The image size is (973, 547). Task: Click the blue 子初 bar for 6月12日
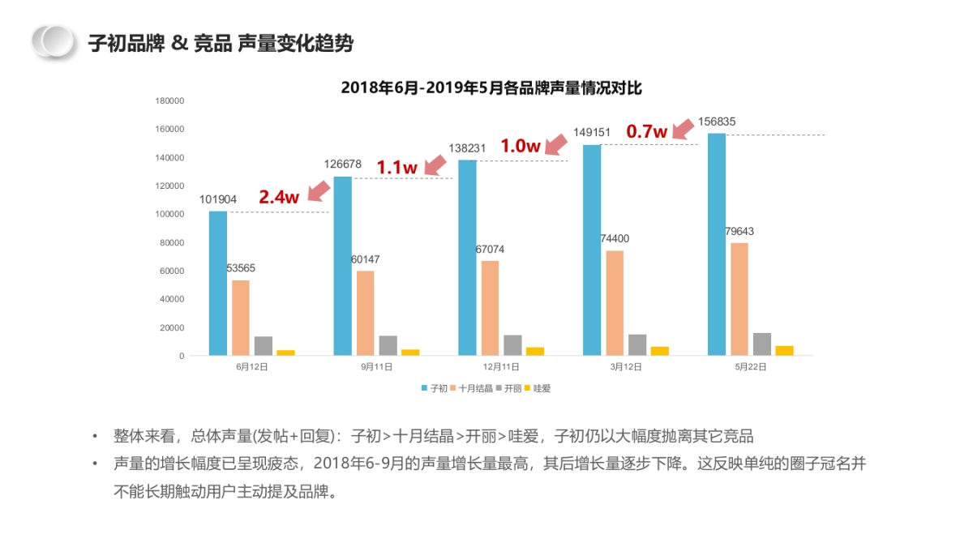(218, 283)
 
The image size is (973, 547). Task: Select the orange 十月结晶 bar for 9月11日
(365, 313)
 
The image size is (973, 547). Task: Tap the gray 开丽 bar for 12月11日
(512, 345)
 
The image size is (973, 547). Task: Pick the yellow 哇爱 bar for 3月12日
(660, 351)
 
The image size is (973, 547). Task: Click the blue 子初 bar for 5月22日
(717, 244)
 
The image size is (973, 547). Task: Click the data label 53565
(241, 268)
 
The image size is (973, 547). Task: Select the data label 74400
(615, 238)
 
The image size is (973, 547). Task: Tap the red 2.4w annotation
(279, 196)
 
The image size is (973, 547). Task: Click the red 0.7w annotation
(646, 130)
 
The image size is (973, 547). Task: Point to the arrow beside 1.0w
(557, 143)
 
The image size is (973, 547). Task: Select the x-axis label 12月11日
(502, 366)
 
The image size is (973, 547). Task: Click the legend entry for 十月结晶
(470, 388)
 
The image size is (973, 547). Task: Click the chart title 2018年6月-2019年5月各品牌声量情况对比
(491, 88)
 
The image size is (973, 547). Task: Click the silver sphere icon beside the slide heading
(54, 41)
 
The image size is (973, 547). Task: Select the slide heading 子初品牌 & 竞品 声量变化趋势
(221, 43)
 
